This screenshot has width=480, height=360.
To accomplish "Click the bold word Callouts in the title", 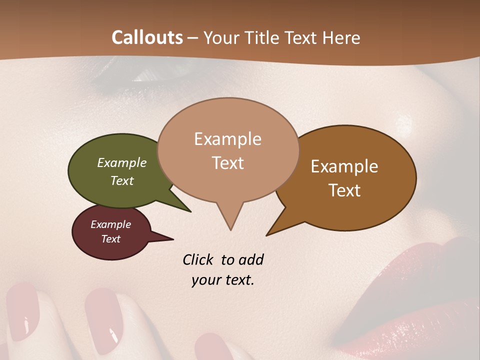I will pyautogui.click(x=147, y=38).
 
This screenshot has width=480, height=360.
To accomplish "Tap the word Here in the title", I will pyautogui.click(x=341, y=38).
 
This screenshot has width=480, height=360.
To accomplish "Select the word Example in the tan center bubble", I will pyautogui.click(x=227, y=139).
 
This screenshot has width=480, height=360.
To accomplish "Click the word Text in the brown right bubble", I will pyautogui.click(x=344, y=190).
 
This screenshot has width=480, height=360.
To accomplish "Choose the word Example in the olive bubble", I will pyautogui.click(x=122, y=163).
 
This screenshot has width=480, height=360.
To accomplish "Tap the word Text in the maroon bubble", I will pyautogui.click(x=111, y=239).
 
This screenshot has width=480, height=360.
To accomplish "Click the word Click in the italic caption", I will pyautogui.click(x=198, y=259).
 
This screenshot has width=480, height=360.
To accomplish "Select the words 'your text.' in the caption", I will pyautogui.click(x=222, y=280).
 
